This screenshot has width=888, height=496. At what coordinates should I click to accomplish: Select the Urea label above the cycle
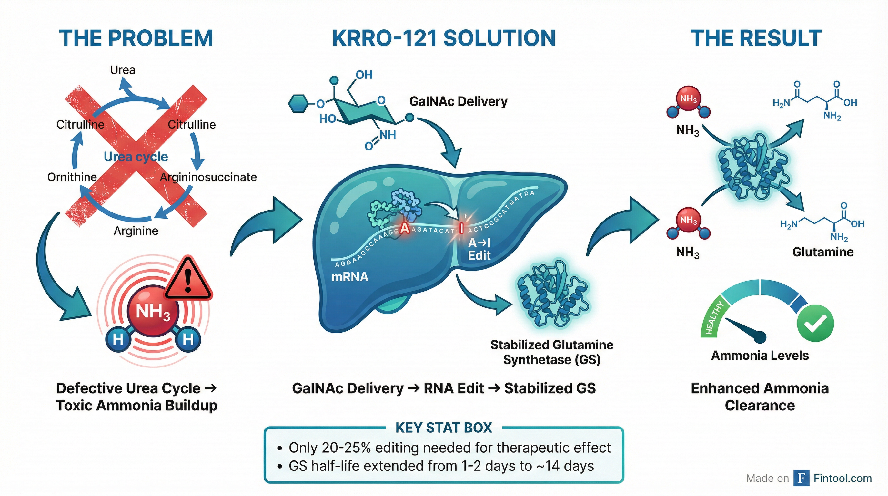(123, 70)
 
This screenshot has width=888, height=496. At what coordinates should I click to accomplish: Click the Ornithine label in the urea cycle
(72, 177)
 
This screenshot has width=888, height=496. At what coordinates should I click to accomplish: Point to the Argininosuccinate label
(208, 177)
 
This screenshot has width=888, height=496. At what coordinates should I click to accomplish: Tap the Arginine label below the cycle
(136, 231)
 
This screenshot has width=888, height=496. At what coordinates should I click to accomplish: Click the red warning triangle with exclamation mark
(188, 279)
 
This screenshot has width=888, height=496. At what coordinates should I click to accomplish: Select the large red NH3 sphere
(153, 312)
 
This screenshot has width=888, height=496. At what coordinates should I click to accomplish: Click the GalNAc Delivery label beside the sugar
(458, 101)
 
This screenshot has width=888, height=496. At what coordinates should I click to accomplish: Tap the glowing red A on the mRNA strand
(405, 228)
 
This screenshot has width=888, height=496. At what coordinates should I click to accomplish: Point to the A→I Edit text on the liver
(479, 249)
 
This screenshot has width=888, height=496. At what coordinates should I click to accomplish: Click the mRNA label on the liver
(349, 277)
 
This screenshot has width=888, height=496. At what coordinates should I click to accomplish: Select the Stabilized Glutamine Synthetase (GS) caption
(551, 352)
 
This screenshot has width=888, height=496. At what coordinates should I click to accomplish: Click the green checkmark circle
(815, 323)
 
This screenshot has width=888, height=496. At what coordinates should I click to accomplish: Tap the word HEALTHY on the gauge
(714, 317)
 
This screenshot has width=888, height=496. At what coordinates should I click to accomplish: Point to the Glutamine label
(823, 252)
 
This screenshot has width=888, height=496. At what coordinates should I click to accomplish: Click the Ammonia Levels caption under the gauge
(760, 355)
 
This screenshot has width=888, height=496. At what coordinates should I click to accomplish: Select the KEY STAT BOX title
(444, 428)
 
